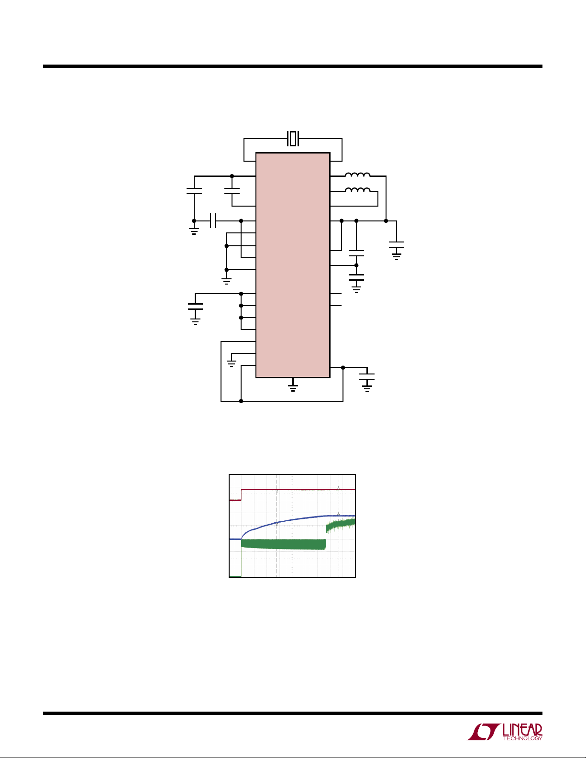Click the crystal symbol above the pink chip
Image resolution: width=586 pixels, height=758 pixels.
point(293,139)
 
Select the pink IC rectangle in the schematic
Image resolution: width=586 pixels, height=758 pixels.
point(293,265)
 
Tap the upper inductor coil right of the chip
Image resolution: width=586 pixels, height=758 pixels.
point(357,175)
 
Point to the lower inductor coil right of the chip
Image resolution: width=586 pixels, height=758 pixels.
point(357,189)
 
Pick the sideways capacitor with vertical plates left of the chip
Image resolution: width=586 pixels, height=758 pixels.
point(213,221)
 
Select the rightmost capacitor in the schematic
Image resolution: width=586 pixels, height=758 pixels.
point(397,244)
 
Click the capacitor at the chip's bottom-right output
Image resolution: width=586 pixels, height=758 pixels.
point(367,377)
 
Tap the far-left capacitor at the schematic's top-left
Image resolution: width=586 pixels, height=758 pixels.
point(194,191)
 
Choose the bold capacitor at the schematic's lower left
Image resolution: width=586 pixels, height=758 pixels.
point(195,306)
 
